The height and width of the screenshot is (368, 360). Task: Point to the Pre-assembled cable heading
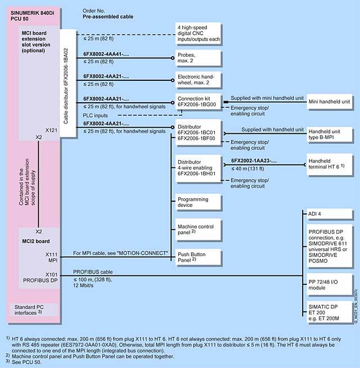[x=108, y=18]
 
